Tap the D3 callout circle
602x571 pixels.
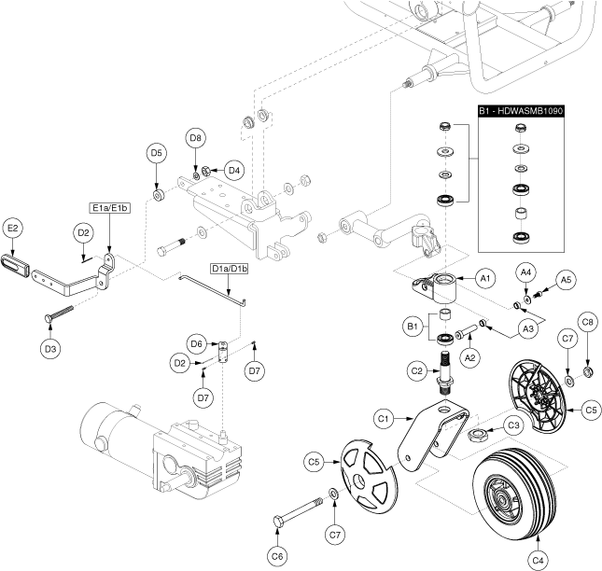50,348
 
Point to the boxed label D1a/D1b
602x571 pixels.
230,269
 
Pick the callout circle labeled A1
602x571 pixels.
483,277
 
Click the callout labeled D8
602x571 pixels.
195,138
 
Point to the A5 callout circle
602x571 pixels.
565,279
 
